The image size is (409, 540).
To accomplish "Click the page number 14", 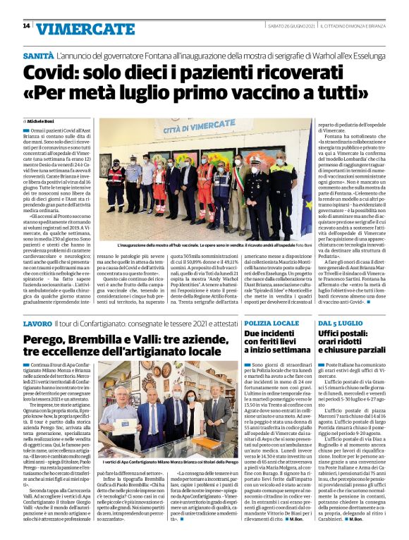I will click(x=26, y=26).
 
